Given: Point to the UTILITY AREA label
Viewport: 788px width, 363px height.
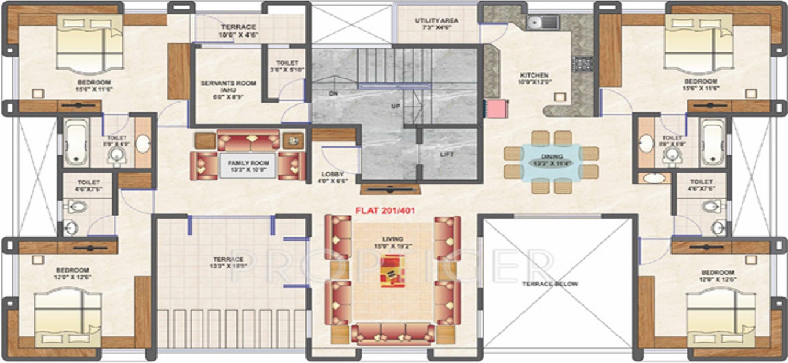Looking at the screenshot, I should [x=436, y=21].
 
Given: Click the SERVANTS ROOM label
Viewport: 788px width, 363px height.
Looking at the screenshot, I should [x=228, y=84].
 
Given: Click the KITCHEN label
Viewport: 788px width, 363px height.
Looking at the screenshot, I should [x=534, y=75].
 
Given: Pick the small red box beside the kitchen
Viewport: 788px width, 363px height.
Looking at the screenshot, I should [x=497, y=109].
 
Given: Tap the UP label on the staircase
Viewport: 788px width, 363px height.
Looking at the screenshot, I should [x=396, y=107].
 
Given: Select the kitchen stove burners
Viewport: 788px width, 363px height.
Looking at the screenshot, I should [x=583, y=63].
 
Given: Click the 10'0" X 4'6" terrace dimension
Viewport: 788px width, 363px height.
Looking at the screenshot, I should [x=238, y=35].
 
